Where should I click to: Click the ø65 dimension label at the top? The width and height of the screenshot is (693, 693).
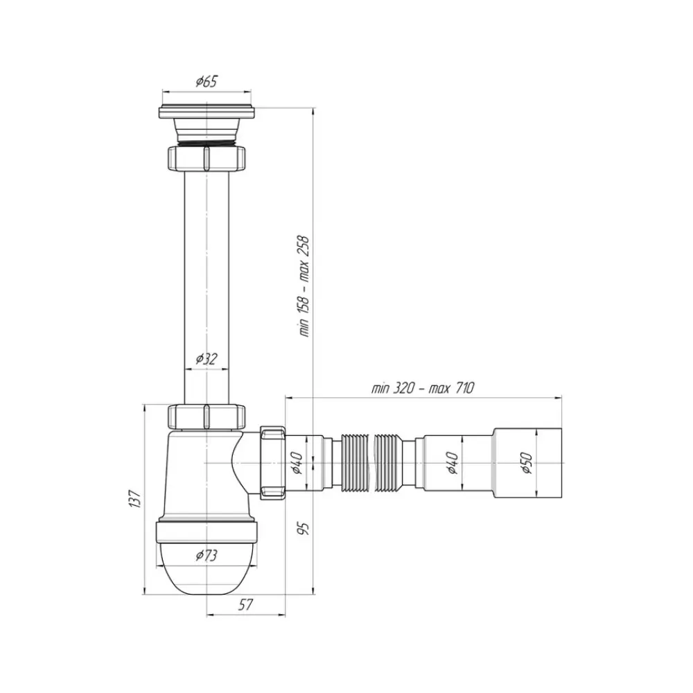point(207,82)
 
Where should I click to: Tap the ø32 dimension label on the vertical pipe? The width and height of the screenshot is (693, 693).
point(207,359)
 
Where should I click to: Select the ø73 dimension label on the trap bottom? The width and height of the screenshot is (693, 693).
point(207,555)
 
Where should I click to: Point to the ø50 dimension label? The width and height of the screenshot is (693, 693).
point(527,463)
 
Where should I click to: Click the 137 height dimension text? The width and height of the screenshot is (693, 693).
point(136,498)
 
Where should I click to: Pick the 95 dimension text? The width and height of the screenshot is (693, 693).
point(304,528)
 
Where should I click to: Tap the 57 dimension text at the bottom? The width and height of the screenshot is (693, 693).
point(245,604)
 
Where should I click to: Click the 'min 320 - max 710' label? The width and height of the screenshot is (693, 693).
point(423,388)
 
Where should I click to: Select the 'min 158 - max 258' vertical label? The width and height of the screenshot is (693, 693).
point(304,286)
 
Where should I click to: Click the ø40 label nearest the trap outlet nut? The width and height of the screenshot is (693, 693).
point(297,463)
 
